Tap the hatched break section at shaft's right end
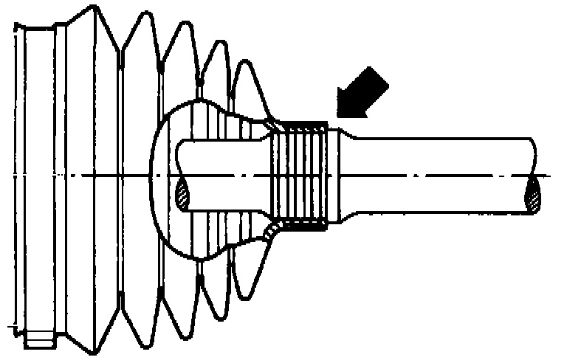pos(533,196)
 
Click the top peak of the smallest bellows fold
pos(252,62)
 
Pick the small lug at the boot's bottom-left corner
pos(38,341)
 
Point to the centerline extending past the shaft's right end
pos(546,176)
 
